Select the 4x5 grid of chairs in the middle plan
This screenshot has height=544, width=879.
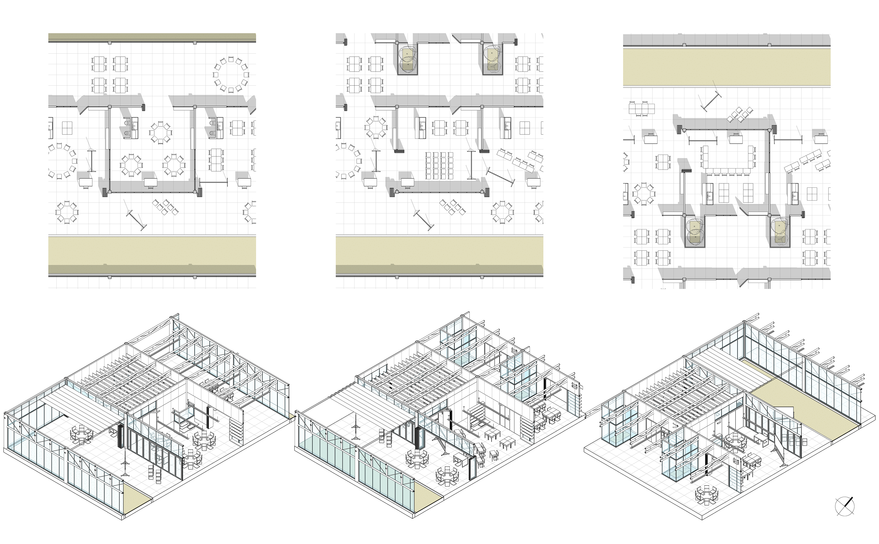[x=439, y=166]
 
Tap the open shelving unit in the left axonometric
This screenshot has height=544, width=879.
[x=236, y=432]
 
